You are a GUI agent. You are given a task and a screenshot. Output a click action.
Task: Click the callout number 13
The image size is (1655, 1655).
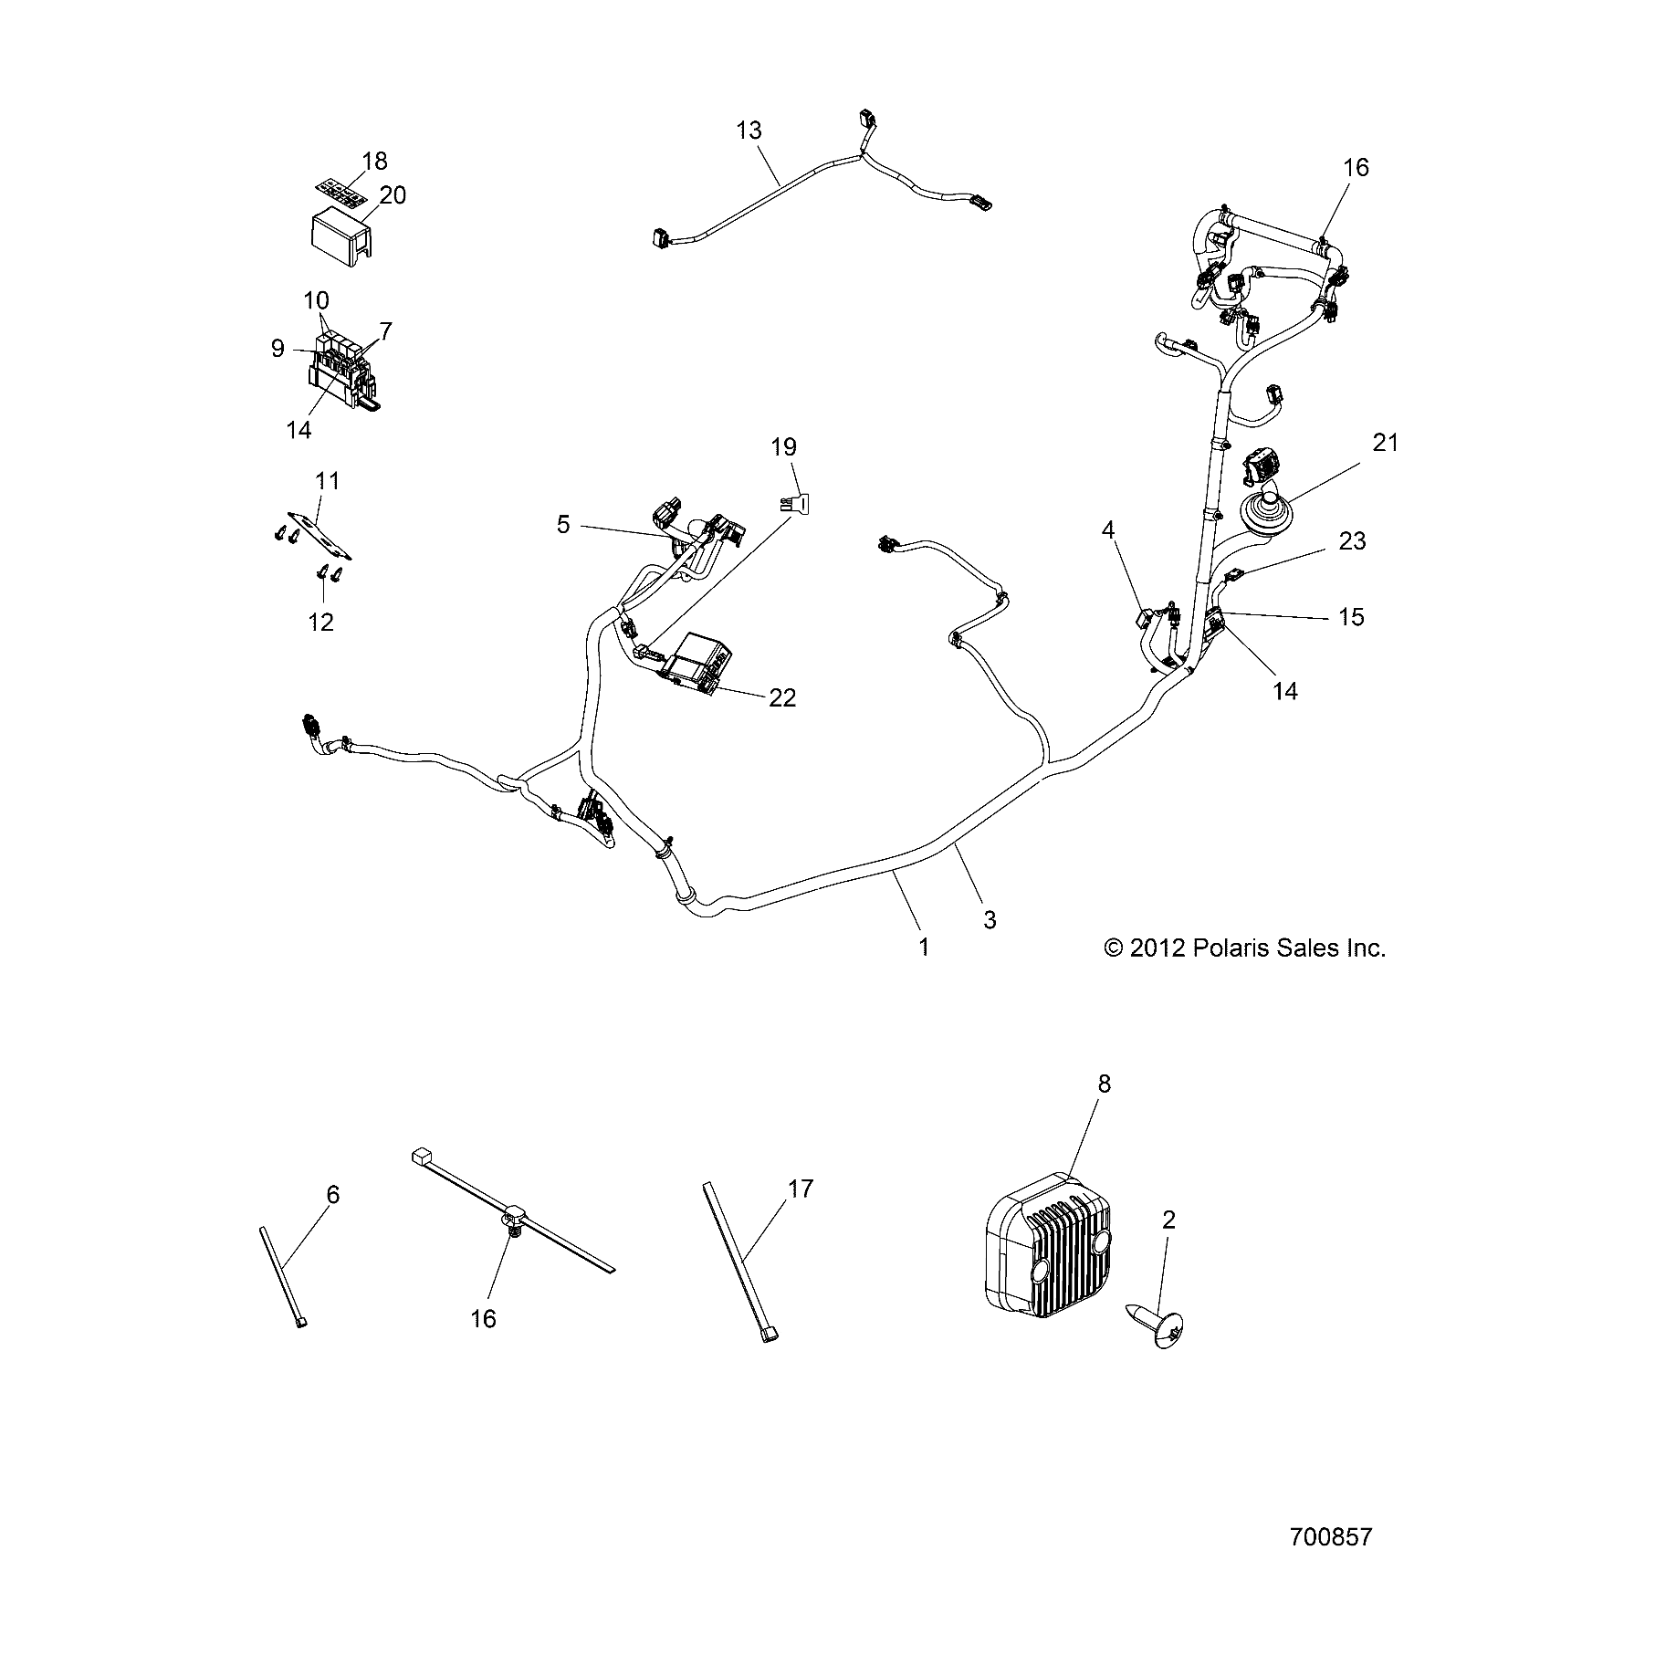coord(749,131)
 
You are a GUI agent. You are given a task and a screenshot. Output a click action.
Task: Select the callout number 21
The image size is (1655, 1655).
coord(1385,443)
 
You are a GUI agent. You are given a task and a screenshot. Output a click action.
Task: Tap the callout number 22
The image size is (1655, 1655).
coord(782,698)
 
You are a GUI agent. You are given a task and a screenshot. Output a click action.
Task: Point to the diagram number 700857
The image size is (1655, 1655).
coord(1331,1536)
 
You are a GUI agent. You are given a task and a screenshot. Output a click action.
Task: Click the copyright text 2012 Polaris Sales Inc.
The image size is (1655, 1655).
coord(1245,948)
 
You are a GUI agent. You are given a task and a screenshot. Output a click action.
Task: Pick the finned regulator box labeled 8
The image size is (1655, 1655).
coord(1050,1255)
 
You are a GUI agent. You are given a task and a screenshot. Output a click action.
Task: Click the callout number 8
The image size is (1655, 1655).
coord(1104,1084)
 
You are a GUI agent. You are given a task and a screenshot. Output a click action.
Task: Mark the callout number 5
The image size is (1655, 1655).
coord(563,524)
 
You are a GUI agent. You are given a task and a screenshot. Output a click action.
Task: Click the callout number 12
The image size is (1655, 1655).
coord(321,622)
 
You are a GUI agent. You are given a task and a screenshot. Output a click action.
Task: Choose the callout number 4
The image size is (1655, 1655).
coord(1109,529)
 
